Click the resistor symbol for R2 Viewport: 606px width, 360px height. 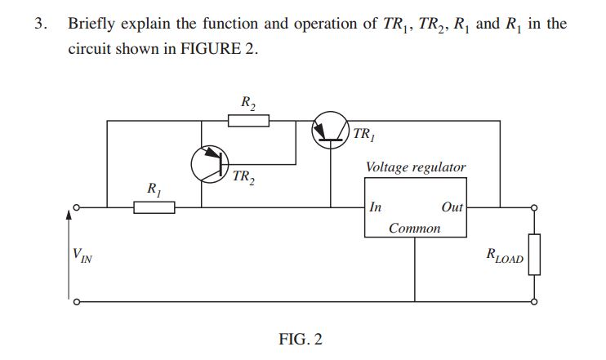pos(248,122)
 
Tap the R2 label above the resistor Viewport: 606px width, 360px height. pos(248,103)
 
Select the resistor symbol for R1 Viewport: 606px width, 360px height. pos(154,207)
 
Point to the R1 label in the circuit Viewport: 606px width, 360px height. pos(153,189)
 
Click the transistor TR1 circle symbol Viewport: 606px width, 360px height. pos(331,131)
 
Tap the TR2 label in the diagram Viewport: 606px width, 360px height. pos(243,177)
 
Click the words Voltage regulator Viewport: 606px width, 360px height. pos(416,167)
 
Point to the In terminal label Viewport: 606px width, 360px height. pos(376,207)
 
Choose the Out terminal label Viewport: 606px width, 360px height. pos(452,207)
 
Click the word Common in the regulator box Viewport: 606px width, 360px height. pos(414,229)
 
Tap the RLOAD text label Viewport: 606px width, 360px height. pos(504,256)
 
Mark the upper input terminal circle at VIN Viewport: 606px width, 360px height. pos(75,207)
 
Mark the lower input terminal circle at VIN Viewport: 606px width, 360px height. pos(75,301)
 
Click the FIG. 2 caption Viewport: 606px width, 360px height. pos(301,339)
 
